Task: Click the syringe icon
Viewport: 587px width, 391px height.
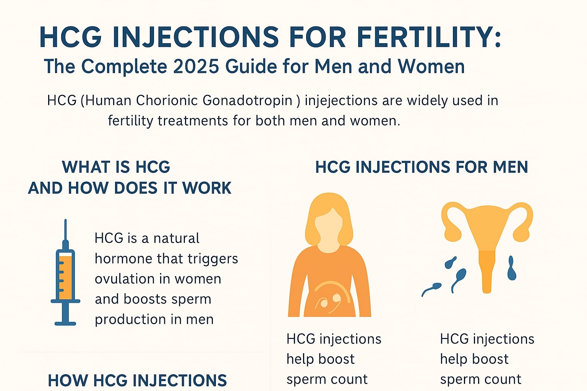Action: [x=65, y=273]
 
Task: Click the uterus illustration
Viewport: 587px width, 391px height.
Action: [x=486, y=237]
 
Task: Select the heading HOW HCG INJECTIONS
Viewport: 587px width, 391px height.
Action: [x=137, y=380]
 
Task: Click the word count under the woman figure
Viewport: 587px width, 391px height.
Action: [x=350, y=379]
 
